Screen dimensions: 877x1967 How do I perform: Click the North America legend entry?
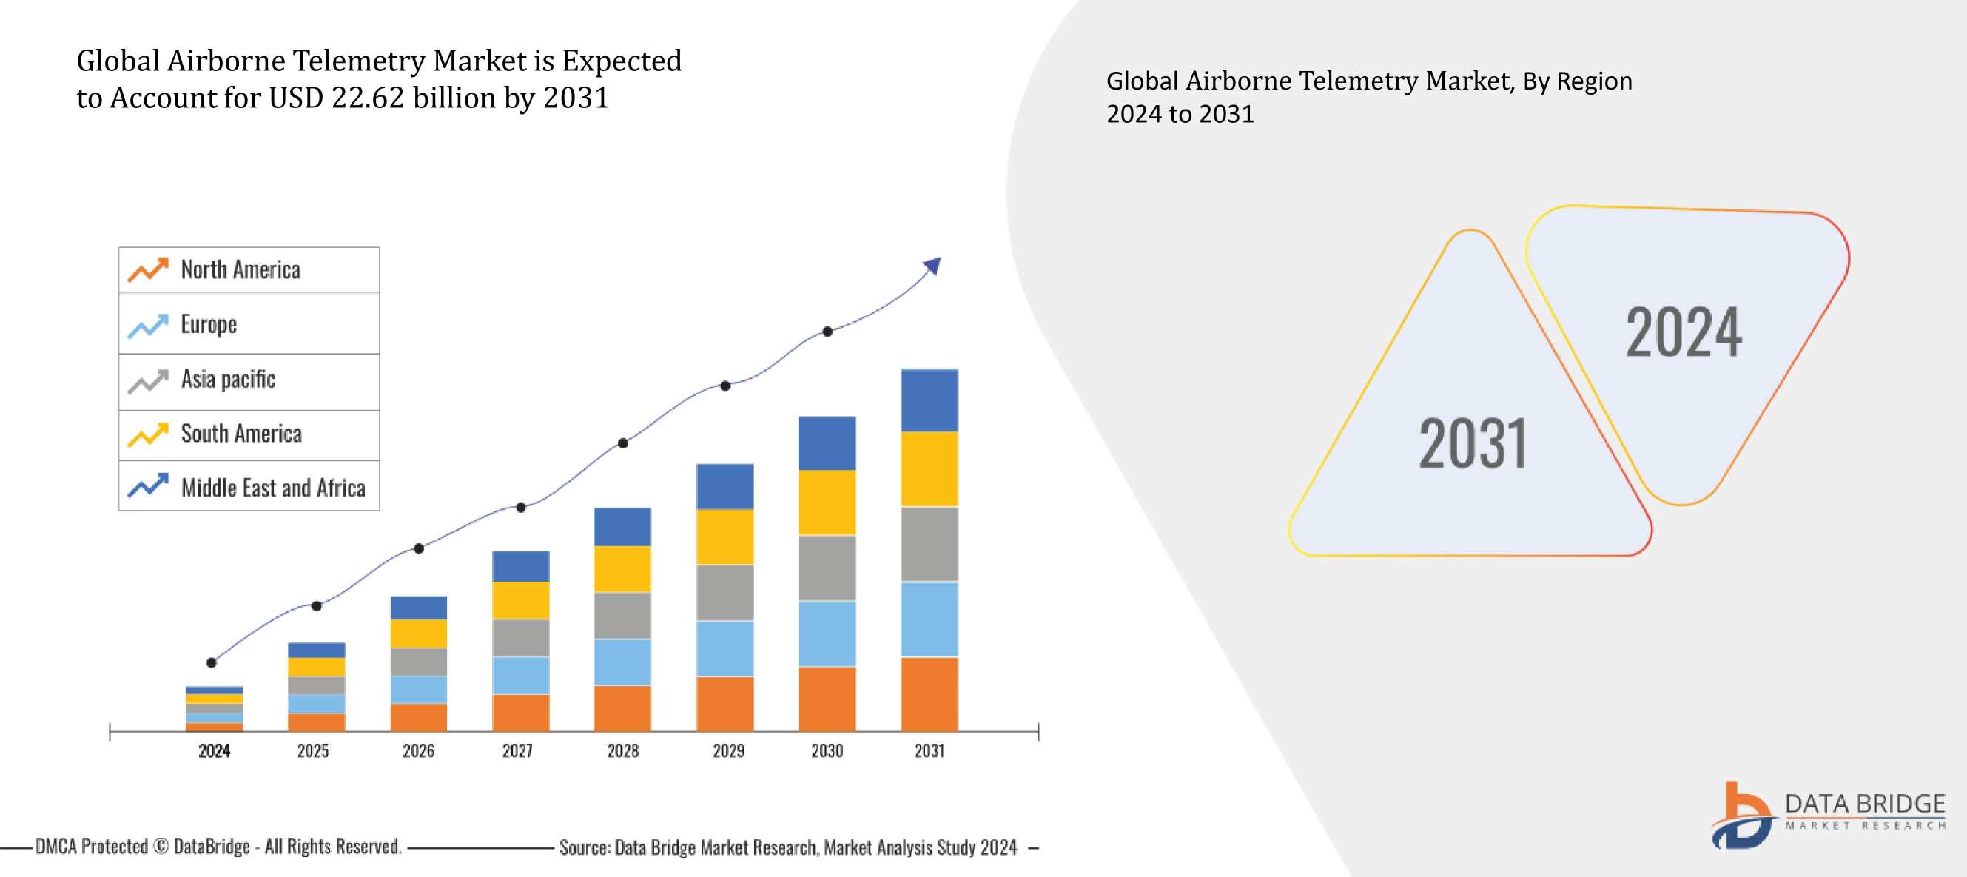tap(240, 269)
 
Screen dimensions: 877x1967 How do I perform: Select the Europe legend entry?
tap(209, 325)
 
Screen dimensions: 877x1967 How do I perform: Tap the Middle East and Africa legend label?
tap(272, 488)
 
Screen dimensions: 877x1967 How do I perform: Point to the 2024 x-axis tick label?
tap(214, 751)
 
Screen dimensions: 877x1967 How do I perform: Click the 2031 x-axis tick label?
tap(929, 751)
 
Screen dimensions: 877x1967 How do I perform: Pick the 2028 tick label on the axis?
tap(622, 751)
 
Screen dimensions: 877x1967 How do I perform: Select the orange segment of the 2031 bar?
tap(929, 693)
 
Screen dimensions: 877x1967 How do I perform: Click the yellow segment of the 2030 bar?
tap(827, 502)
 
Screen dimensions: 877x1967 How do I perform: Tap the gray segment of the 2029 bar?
tap(724, 592)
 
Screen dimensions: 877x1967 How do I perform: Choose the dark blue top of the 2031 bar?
tap(929, 400)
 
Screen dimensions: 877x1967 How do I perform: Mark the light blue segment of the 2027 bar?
tap(520, 675)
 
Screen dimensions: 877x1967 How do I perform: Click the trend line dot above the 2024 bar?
tap(212, 662)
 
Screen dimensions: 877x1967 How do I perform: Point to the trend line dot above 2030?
tap(827, 332)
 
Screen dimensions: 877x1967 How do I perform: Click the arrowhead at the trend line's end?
tap(933, 265)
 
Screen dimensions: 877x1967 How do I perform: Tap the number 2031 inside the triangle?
tap(1472, 444)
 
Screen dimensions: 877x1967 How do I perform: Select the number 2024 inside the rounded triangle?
tap(1684, 332)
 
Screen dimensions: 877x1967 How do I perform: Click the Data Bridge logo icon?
tap(1741, 816)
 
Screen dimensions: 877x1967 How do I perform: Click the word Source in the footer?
tap(583, 847)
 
